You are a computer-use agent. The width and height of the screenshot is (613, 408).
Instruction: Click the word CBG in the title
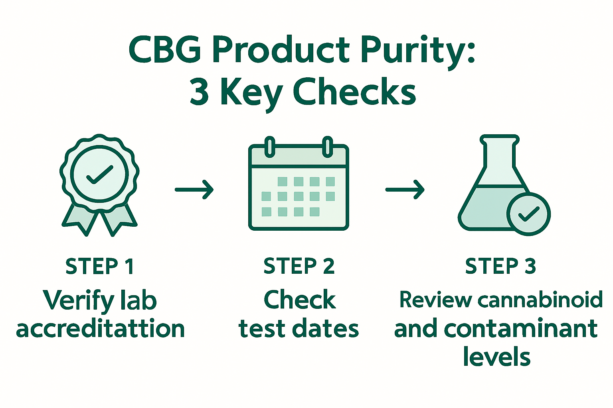point(165,50)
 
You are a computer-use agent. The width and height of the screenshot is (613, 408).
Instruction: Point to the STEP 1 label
point(99,266)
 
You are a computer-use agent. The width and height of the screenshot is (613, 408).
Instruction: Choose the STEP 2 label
point(299,266)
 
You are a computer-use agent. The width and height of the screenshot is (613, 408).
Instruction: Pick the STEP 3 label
point(500,266)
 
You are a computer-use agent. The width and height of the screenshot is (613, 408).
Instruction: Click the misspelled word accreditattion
point(100,329)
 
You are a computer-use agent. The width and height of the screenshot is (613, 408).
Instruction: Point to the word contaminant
point(520,329)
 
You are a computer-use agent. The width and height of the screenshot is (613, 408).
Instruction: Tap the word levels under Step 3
point(496,357)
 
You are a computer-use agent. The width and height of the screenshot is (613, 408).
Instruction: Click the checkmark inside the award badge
point(99,175)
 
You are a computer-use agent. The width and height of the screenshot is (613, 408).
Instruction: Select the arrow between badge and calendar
point(194,189)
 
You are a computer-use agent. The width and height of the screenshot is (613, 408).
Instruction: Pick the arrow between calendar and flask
point(404,189)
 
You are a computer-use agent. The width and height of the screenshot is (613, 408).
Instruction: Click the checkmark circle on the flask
point(528,214)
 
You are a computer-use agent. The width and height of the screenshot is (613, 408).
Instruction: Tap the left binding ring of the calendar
point(270,146)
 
